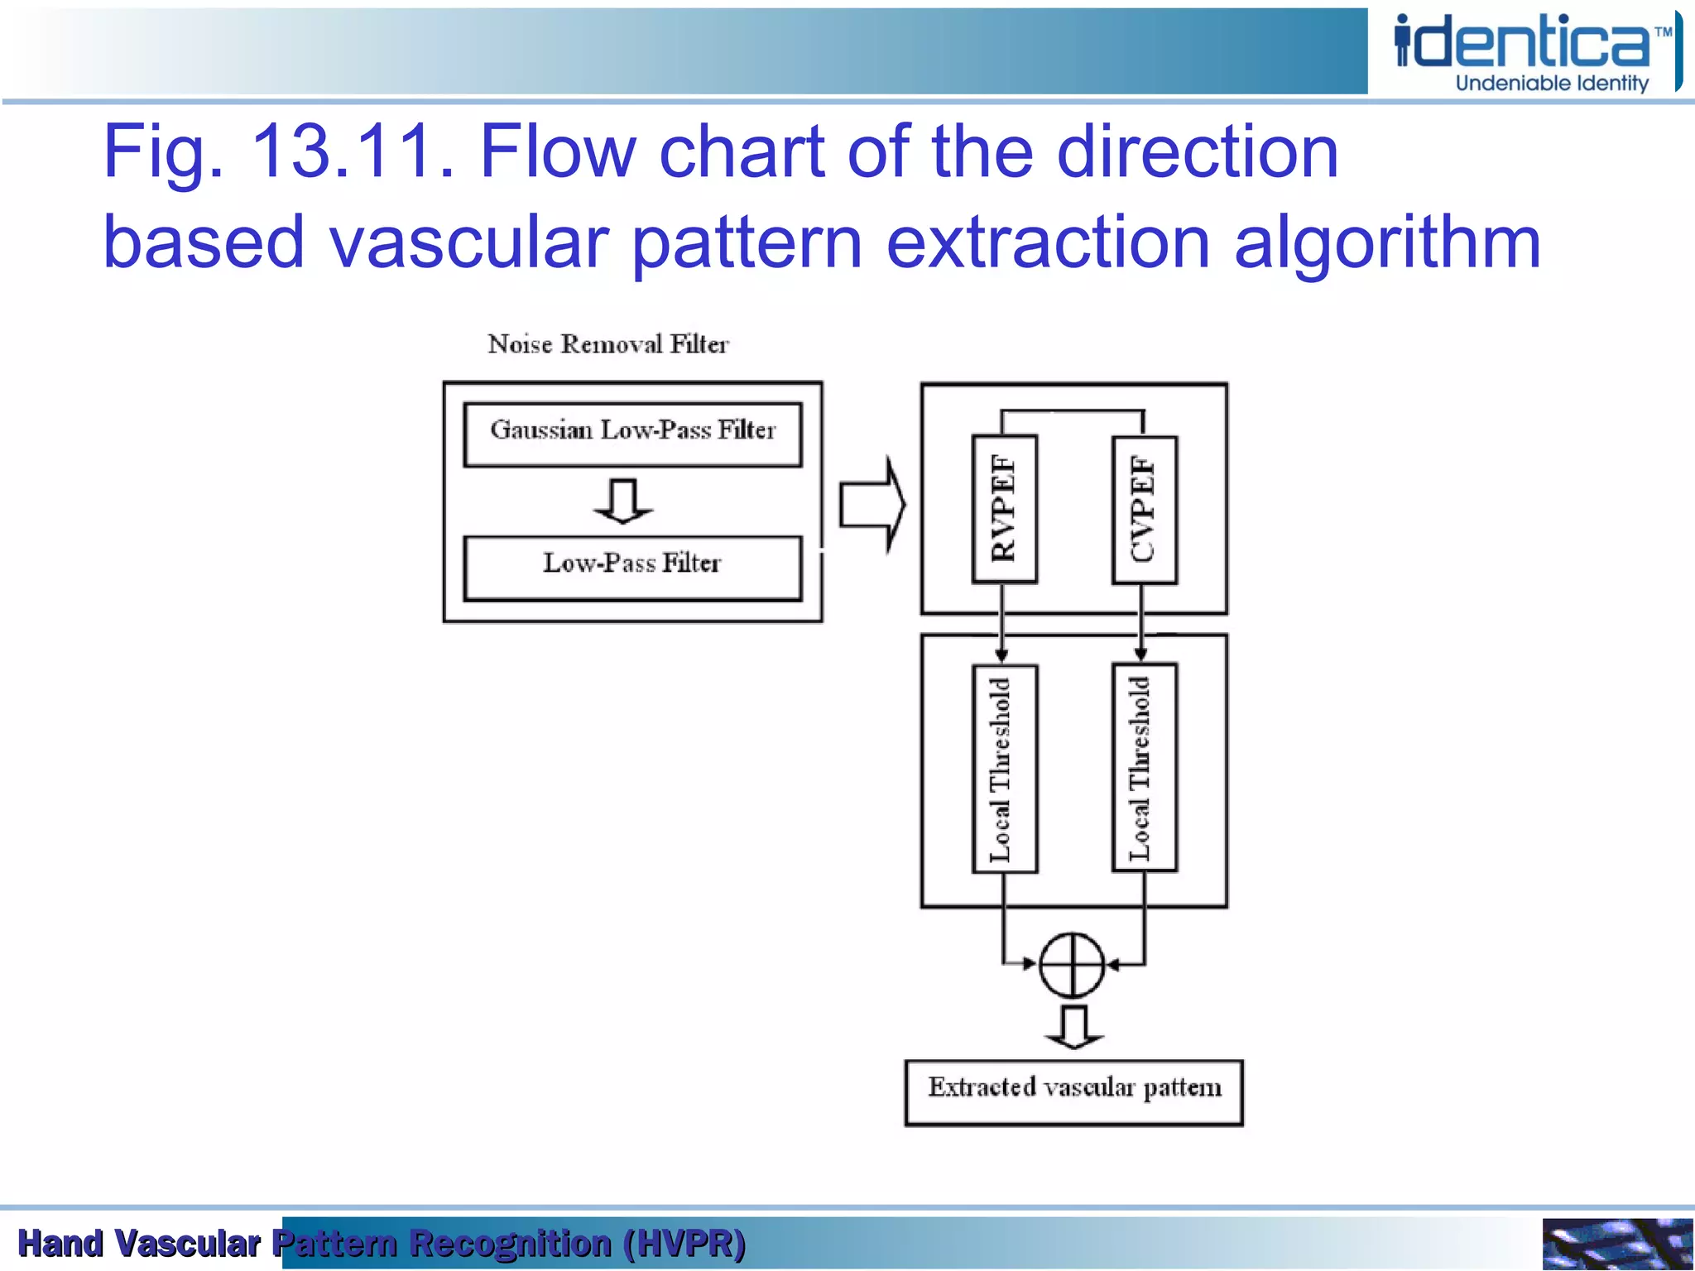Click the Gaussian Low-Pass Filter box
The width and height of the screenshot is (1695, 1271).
(x=632, y=434)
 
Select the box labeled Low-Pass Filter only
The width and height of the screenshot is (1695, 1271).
(x=632, y=568)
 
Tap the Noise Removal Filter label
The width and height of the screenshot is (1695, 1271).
(x=607, y=344)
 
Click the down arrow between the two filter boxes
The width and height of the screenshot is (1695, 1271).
(x=623, y=501)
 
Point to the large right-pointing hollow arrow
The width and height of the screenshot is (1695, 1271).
(x=872, y=504)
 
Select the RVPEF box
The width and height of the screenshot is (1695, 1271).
(x=1004, y=509)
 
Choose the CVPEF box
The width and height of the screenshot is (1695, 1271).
(x=1144, y=510)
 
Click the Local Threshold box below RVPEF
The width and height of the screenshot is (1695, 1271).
(x=1004, y=769)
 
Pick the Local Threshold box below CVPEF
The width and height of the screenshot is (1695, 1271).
(x=1144, y=767)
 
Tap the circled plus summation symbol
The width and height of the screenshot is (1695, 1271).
(x=1072, y=965)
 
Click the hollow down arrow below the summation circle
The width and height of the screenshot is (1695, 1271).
(x=1073, y=1027)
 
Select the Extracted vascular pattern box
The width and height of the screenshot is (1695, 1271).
(x=1073, y=1092)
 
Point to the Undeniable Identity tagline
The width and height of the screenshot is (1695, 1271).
(x=1552, y=84)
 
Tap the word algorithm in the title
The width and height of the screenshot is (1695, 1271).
(x=1387, y=242)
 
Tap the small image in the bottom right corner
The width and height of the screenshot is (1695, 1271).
(x=1616, y=1244)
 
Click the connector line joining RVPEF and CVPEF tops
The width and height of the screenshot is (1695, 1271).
(x=1073, y=410)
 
